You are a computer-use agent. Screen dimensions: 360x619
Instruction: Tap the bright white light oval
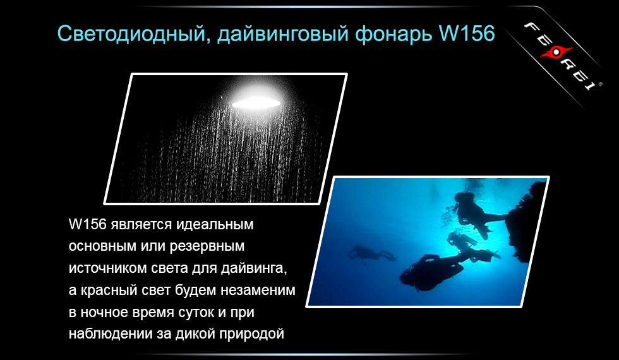tap(256, 102)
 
